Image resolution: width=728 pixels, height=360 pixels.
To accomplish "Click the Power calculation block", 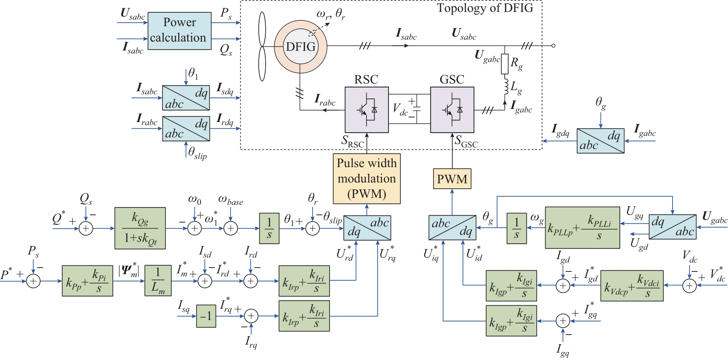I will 179,31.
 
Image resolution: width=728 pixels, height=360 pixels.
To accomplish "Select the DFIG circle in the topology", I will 301,47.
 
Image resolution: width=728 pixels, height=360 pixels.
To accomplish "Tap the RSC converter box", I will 367,110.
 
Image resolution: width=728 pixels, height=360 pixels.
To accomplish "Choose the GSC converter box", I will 452,110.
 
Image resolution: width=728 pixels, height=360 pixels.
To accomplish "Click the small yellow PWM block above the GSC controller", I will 452,179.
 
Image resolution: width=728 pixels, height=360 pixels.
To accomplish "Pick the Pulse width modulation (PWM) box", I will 367,179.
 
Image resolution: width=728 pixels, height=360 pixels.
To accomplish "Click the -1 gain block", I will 206,316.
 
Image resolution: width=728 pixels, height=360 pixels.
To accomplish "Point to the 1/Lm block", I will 158,281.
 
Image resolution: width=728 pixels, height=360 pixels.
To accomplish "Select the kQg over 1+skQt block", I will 140,228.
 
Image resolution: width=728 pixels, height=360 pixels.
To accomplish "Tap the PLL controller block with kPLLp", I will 582,228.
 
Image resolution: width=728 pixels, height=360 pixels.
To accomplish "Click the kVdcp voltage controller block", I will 632,286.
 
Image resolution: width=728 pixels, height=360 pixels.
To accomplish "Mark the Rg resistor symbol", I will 505,64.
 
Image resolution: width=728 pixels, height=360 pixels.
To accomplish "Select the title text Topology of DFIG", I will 485,8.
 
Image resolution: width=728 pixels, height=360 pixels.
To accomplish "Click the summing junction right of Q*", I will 86,228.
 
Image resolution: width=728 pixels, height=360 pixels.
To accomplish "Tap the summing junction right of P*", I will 33,281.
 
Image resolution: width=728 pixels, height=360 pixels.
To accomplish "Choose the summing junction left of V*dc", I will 690,286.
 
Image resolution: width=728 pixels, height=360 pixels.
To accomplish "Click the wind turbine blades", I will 262,46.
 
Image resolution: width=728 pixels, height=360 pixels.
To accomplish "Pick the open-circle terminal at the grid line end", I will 553,46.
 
